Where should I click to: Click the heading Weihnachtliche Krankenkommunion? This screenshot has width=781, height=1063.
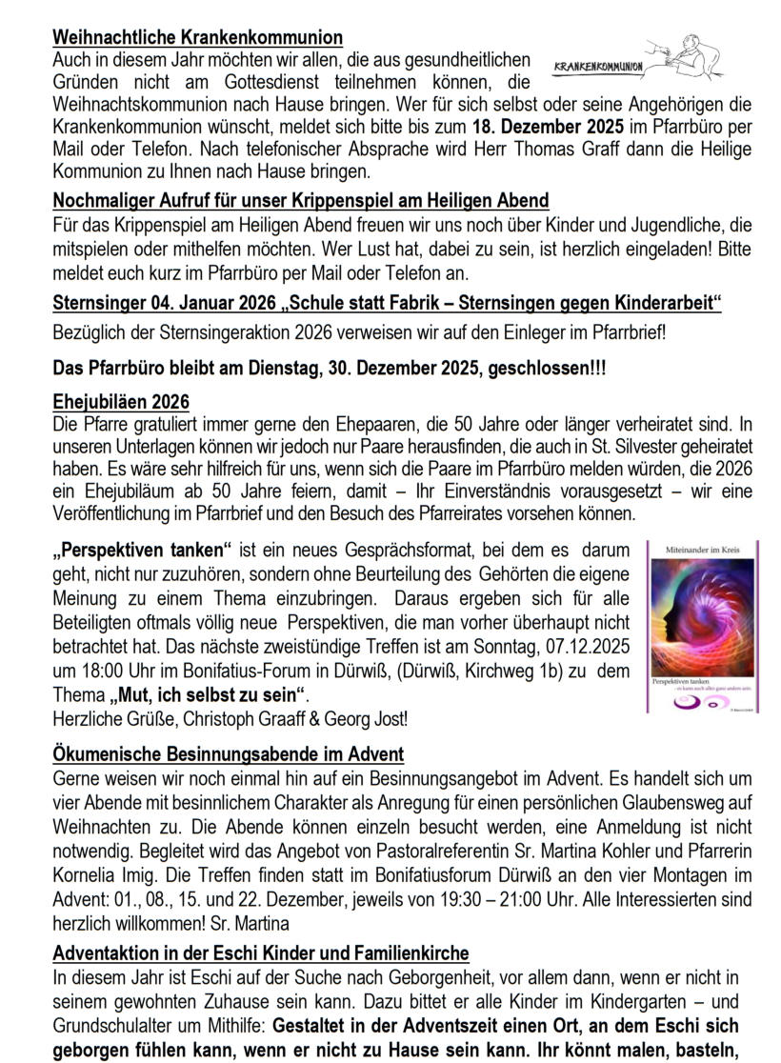pos(197,37)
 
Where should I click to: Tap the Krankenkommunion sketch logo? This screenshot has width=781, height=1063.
pos(636,60)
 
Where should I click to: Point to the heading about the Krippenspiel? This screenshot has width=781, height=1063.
pos(301,200)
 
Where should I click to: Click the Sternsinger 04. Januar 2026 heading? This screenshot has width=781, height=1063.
pos(387,303)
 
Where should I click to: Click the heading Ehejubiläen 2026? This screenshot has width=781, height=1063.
pos(121,401)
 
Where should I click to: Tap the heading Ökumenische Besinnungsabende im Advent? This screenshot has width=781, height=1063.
pos(229,753)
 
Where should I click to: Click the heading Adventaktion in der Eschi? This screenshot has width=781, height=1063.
pos(261,953)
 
